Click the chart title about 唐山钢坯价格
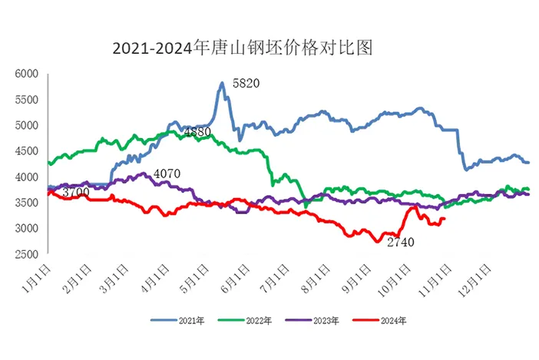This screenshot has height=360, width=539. pyautogui.click(x=242, y=48)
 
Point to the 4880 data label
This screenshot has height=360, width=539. pyautogui.click(x=198, y=132)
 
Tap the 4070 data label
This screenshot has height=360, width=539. pyautogui.click(x=167, y=173)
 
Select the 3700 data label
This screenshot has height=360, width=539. pyautogui.click(x=75, y=191)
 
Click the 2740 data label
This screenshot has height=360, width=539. pyautogui.click(x=399, y=243)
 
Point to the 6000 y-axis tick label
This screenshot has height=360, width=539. pyautogui.click(x=27, y=74)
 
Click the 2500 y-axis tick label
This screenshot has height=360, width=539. pyautogui.click(x=27, y=254)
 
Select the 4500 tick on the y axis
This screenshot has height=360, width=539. pyautogui.click(x=27, y=151)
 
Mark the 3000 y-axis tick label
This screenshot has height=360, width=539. pyautogui.click(x=27, y=229)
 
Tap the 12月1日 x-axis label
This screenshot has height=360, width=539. pyautogui.click(x=475, y=276)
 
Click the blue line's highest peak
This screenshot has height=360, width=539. pyautogui.click(x=222, y=83)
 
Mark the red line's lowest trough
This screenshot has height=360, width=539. pyautogui.click(x=377, y=242)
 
